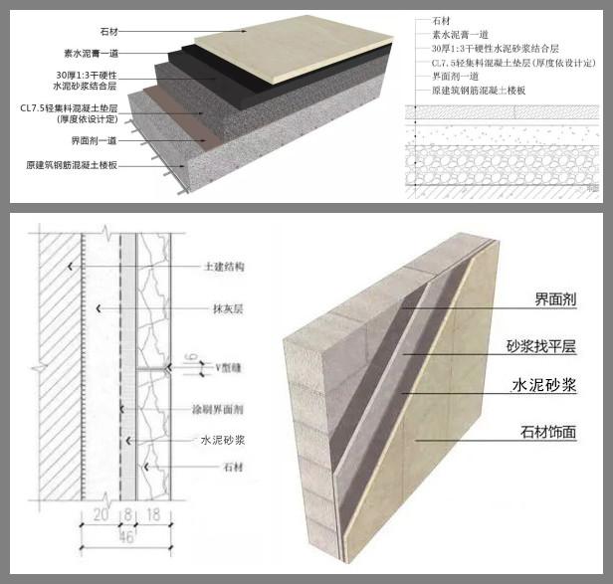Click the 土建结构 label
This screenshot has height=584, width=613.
226,268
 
